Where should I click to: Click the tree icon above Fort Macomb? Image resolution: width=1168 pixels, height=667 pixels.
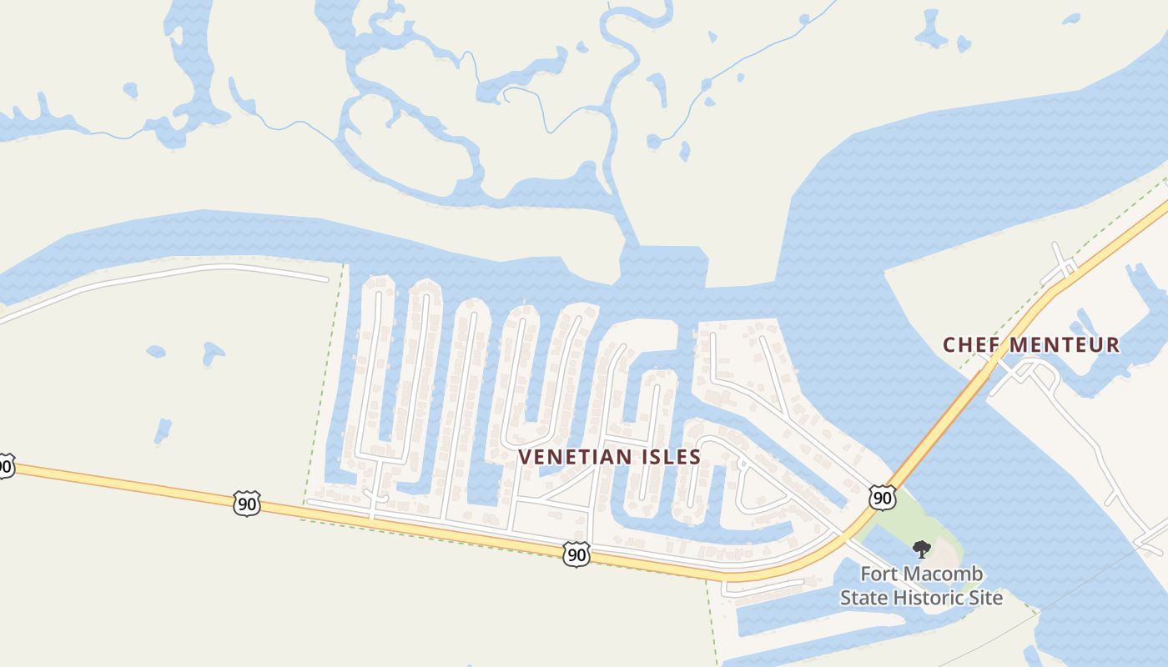pos(921,549)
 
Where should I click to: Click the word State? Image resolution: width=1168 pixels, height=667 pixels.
pos(864,598)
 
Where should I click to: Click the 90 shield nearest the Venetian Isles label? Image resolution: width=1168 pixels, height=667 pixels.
pos(576,554)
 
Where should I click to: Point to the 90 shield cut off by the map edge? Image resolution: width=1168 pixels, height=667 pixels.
pos(4,465)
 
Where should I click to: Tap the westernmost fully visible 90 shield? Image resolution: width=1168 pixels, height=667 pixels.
pos(247,503)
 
